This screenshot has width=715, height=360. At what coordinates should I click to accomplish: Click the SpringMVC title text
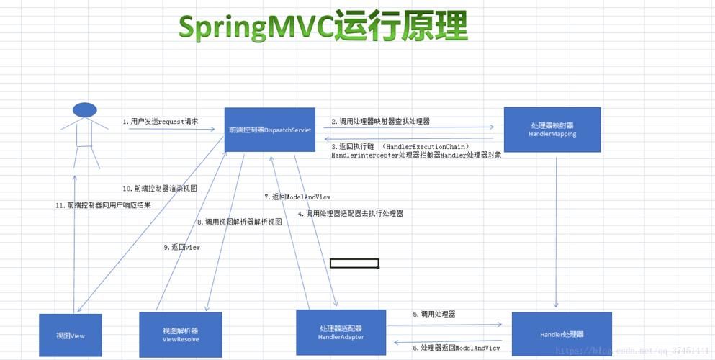tap(323, 27)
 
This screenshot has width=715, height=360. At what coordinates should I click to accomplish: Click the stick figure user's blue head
tap(84, 110)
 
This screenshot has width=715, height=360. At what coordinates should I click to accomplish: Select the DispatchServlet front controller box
tap(269, 130)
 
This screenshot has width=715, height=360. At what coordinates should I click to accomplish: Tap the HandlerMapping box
tap(552, 130)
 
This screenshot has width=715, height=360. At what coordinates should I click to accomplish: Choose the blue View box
tap(71, 336)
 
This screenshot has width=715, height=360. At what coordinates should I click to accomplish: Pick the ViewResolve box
tap(180, 335)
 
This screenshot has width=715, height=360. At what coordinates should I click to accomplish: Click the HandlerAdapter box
tap(341, 333)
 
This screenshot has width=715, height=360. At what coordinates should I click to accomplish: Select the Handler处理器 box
tap(561, 335)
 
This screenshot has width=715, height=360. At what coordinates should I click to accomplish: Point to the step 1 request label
tap(160, 122)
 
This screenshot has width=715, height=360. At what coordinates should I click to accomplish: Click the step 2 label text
tap(380, 122)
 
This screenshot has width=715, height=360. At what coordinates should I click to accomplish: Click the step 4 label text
tap(350, 213)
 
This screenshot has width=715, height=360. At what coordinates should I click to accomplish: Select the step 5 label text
tap(433, 314)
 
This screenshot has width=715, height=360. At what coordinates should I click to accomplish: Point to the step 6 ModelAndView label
tap(456, 348)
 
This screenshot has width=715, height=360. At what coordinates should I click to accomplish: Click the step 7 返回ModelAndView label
tap(297, 197)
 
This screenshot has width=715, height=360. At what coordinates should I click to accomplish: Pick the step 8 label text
tap(239, 222)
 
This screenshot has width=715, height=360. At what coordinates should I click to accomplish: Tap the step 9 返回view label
tap(181, 247)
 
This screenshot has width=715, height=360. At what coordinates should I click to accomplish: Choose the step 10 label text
tap(160, 189)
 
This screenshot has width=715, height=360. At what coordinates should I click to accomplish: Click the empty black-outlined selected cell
tap(354, 264)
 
